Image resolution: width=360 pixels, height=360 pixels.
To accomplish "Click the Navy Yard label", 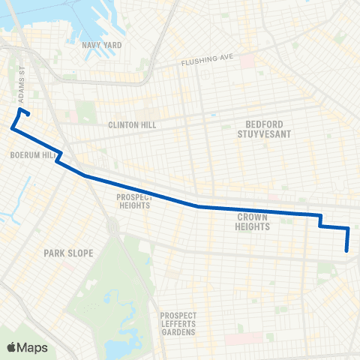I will (101, 45).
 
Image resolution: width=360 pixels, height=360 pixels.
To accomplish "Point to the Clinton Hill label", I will (132, 125).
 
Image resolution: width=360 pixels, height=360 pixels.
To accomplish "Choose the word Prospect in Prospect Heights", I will (134, 197).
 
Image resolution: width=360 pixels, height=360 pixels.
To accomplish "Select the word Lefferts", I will (178, 323).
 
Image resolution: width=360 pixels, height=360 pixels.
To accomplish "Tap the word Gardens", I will (178, 331).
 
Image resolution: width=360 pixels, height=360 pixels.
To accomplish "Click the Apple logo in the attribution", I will (12, 347).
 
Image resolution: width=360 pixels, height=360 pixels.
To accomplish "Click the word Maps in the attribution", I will (32, 347).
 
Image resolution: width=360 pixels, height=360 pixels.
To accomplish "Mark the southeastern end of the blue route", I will (346, 251).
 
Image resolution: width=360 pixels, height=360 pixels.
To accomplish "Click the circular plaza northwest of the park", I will (112, 224).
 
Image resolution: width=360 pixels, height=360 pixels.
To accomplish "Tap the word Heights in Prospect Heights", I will (134, 205).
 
